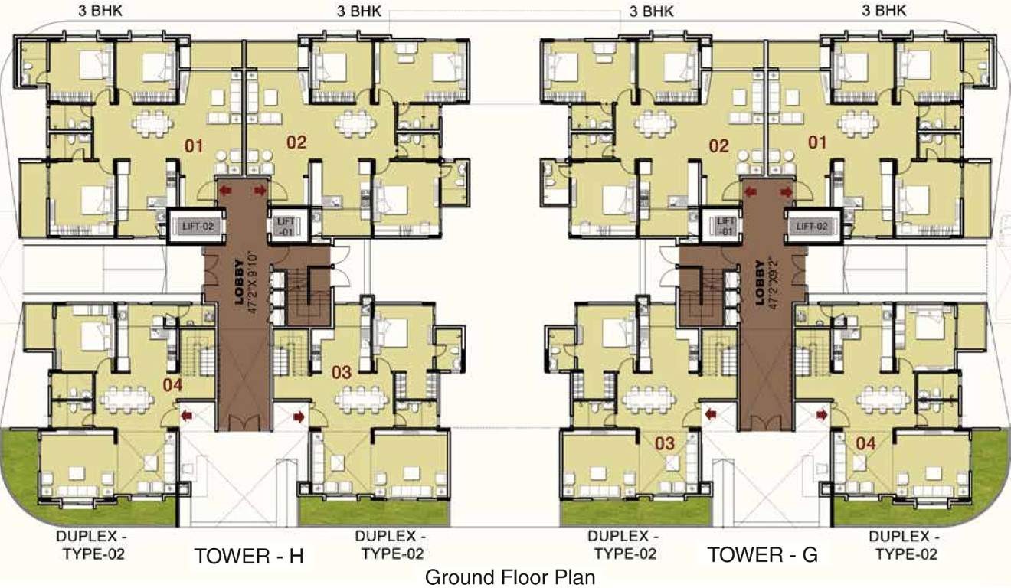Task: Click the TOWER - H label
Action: [249, 557]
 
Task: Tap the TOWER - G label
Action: [762, 555]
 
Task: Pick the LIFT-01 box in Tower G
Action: [725, 225]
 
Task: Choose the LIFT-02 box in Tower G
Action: [812, 226]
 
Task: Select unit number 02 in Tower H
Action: [296, 142]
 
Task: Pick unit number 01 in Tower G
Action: [818, 142]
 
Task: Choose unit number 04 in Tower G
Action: [865, 443]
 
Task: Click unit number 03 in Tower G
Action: [665, 443]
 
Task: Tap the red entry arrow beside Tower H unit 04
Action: [186, 415]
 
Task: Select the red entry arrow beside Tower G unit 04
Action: [822, 414]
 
